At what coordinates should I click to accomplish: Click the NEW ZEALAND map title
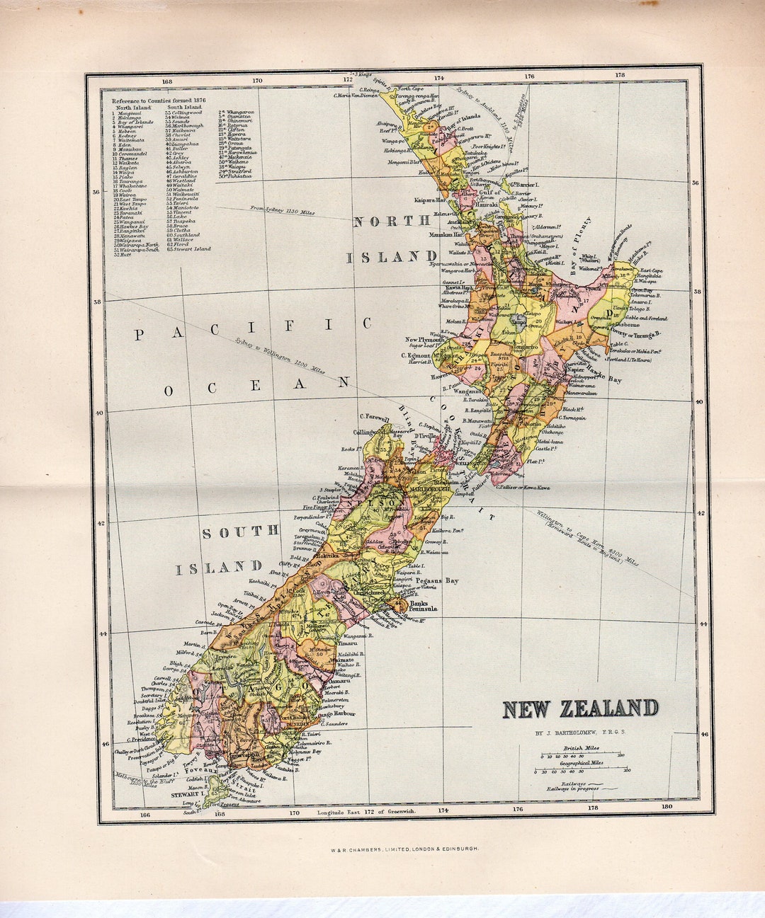[x=580, y=708]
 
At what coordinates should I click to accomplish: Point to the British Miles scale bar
[x=582, y=755]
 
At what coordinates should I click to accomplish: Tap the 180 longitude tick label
[x=666, y=806]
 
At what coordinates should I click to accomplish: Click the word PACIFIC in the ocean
[x=252, y=328]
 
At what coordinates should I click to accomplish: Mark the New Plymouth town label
[x=424, y=340]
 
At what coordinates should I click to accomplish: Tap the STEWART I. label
[x=187, y=795]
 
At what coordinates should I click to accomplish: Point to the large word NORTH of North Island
[x=391, y=221]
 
